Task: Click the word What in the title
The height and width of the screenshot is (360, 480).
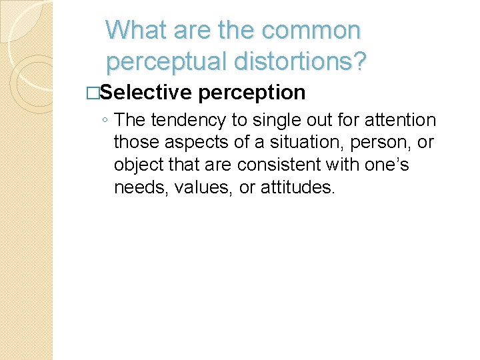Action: pos(135,30)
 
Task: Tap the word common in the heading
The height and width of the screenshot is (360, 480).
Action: pos(312,30)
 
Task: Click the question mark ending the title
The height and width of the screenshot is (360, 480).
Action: pos(360,61)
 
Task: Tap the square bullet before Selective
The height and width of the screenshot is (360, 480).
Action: pos(92,93)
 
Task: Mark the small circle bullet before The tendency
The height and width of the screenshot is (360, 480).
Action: pos(106,121)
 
